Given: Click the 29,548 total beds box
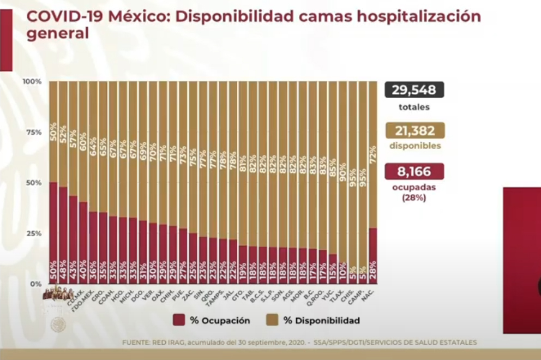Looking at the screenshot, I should point(414,90).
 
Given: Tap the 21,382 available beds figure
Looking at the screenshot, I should point(414,131).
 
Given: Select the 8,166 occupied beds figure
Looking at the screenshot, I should point(414,172).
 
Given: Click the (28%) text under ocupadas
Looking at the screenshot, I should point(414,198).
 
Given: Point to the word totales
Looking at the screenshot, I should point(414,107).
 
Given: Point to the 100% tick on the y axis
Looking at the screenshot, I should point(32,81).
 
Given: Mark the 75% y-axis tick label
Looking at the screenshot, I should point(34,132).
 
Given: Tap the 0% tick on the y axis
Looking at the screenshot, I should point(35,284).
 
